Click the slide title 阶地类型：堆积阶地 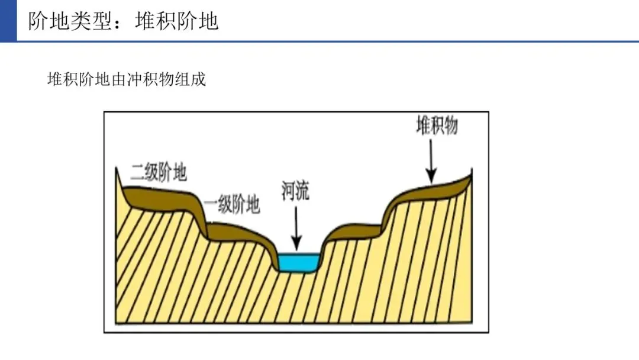[x=124, y=21]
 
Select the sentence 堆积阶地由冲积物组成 [x=126, y=79]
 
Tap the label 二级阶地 [x=159, y=172]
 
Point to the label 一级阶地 [x=233, y=205]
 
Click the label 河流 [x=295, y=191]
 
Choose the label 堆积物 [x=437, y=126]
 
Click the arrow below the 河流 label [x=296, y=227]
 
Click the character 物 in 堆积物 [x=451, y=126]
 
